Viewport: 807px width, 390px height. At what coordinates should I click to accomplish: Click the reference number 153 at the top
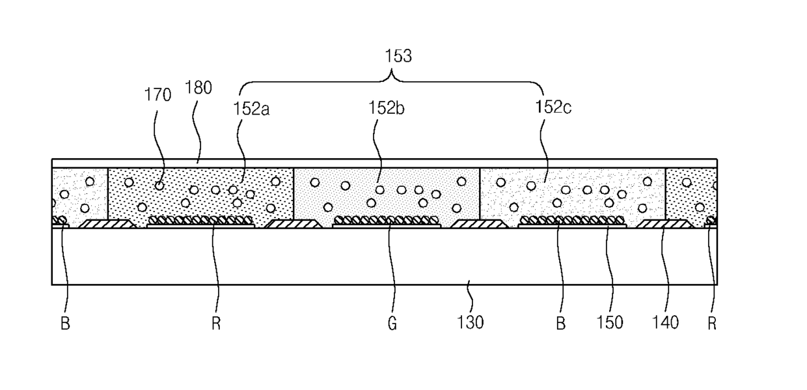[x=398, y=56]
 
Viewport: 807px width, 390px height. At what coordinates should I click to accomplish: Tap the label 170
[x=157, y=95]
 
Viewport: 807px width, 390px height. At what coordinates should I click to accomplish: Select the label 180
[x=198, y=88]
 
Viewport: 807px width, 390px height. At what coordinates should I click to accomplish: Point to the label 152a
[x=251, y=109]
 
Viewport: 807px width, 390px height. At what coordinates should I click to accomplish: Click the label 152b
[x=386, y=108]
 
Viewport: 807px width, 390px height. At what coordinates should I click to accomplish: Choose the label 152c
[x=553, y=107]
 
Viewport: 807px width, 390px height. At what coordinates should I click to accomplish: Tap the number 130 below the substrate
[x=470, y=322]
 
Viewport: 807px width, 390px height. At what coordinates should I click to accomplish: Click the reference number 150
[x=610, y=322]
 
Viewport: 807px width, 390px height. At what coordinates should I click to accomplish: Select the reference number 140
[x=665, y=322]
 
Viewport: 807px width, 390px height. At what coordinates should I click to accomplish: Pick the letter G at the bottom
[x=392, y=324]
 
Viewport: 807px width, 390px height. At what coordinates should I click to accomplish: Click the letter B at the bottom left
[x=65, y=324]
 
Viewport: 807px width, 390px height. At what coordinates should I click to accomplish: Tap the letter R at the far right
[x=712, y=324]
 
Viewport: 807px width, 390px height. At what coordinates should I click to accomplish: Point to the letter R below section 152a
[x=216, y=324]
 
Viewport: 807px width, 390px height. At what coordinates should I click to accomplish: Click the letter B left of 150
[x=560, y=324]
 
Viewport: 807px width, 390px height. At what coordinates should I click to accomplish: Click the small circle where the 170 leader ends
[x=159, y=186]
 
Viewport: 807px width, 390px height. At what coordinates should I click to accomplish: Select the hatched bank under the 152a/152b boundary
[x=294, y=224]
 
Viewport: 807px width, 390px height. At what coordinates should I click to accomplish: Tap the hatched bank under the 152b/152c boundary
[x=480, y=224]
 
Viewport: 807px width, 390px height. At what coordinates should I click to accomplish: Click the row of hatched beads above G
[x=387, y=220]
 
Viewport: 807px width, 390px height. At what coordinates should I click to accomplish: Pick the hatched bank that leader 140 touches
[x=665, y=224]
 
